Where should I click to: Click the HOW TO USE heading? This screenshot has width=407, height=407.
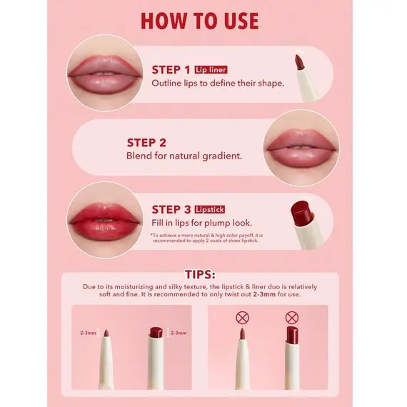[x=200, y=21]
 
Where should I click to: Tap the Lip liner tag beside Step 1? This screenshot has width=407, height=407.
[x=211, y=70]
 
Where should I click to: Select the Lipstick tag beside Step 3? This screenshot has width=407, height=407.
[x=210, y=209]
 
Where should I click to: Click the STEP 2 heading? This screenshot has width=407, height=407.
[x=146, y=143]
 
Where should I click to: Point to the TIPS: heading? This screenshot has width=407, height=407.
[x=200, y=274]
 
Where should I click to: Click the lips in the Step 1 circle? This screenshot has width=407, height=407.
[x=104, y=75]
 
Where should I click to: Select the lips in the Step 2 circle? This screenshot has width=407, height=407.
[x=301, y=149]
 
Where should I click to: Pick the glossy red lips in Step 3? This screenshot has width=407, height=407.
[x=104, y=222]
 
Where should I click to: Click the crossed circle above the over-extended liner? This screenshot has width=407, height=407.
[x=243, y=318]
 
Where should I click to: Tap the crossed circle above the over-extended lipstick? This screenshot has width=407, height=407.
[x=292, y=318]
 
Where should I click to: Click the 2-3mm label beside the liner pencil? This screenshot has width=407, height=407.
[x=89, y=333]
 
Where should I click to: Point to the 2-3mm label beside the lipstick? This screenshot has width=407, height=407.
[x=179, y=333]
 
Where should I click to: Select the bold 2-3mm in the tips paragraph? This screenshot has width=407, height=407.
[x=264, y=294]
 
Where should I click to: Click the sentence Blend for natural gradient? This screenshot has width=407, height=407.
[x=184, y=156]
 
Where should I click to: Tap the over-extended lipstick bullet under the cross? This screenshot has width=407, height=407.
[x=292, y=335]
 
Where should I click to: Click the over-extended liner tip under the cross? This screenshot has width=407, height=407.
[x=242, y=333]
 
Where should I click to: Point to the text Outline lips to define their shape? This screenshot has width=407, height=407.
[x=218, y=84]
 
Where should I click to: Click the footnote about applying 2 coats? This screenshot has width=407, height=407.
[x=206, y=238]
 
